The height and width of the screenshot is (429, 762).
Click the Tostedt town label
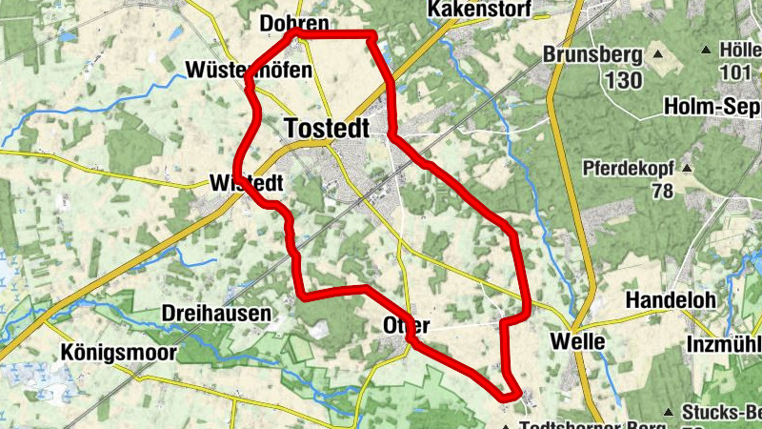point(326,128)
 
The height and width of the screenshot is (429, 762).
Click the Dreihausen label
point(216,313)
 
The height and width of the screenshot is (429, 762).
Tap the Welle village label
point(578,341)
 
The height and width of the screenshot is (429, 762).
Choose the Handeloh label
point(670,300)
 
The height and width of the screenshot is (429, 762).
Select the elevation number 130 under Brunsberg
point(622,80)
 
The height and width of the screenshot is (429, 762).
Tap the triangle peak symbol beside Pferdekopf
point(687,169)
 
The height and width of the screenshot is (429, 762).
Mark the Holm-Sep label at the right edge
point(713,105)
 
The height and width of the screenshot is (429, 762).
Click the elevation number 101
point(735,72)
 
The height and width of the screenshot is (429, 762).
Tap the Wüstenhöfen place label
point(235,71)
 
